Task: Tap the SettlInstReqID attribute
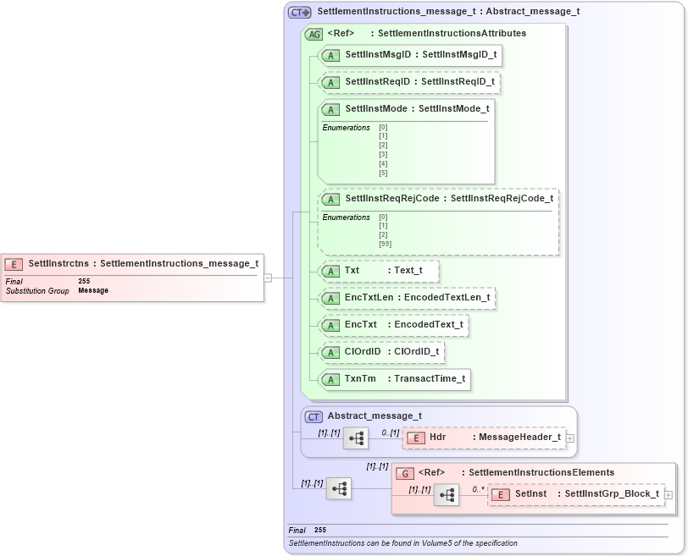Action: click(x=409, y=82)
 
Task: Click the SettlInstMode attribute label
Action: click(x=406, y=109)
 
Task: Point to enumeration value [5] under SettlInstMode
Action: click(x=383, y=173)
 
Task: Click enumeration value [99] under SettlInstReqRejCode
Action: click(x=385, y=244)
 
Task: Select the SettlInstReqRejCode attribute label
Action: click(x=438, y=199)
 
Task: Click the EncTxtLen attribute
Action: click(x=407, y=298)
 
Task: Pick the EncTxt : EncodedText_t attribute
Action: click(x=394, y=325)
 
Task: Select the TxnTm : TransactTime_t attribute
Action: click(x=394, y=379)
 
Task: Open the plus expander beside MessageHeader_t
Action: click(x=570, y=438)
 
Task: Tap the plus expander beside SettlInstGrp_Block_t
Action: click(x=669, y=494)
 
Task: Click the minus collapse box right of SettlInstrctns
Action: click(x=268, y=277)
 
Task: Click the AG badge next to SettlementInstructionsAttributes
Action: click(x=313, y=34)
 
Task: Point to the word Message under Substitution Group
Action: click(x=93, y=290)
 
